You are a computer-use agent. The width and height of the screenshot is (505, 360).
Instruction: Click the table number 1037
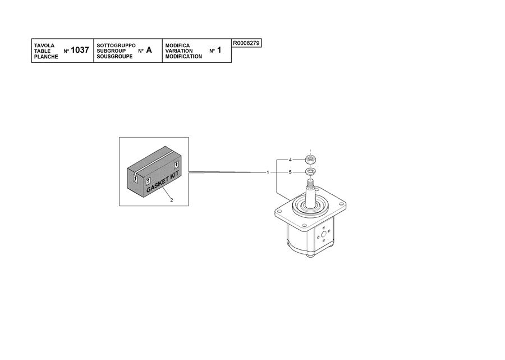(80, 51)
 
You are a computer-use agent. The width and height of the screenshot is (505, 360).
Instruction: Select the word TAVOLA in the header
(44, 45)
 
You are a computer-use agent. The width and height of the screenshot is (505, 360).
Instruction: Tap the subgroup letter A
(149, 51)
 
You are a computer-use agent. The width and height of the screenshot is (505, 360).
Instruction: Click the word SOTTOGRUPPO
(116, 45)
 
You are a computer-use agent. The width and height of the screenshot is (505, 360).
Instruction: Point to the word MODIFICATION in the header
(183, 56)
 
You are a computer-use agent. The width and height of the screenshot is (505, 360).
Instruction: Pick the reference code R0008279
(246, 43)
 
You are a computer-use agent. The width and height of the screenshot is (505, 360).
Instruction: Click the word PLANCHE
(46, 57)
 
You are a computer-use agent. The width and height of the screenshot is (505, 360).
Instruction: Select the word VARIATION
(179, 51)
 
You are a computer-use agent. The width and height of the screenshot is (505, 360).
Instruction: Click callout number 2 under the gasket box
(172, 200)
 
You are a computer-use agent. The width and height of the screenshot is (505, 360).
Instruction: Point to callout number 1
(268, 172)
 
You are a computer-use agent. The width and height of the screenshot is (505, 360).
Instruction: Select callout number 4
(290, 160)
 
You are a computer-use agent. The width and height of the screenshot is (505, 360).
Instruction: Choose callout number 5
(290, 172)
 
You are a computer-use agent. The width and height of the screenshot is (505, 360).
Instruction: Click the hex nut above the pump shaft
(310, 159)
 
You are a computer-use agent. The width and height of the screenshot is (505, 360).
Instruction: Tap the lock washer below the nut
(310, 171)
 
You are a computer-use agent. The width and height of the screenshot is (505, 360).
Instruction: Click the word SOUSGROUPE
(114, 56)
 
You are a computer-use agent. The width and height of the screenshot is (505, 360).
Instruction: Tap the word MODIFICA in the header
(177, 45)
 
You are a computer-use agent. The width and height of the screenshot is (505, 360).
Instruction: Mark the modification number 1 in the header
(219, 51)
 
